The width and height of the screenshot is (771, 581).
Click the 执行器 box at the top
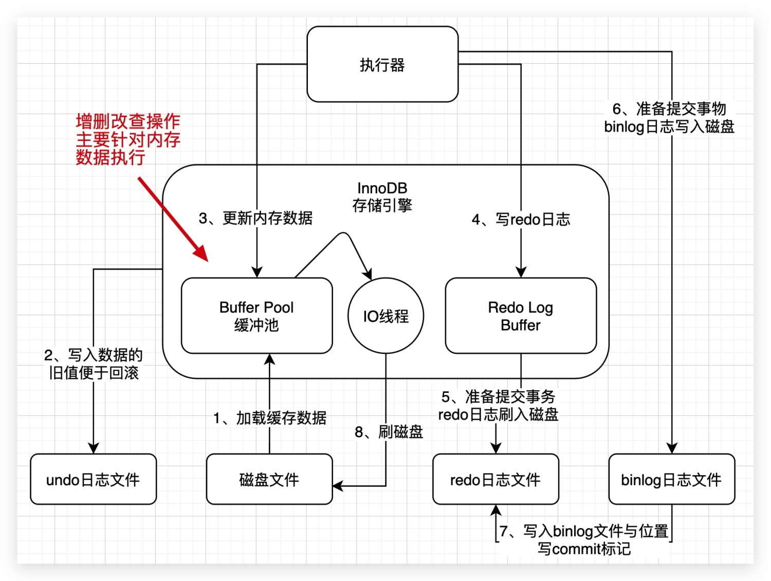(x=382, y=65)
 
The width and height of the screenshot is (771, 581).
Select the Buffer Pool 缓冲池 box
(x=256, y=316)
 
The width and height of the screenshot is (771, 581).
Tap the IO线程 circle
(x=386, y=316)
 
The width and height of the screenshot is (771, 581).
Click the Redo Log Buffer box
(x=521, y=316)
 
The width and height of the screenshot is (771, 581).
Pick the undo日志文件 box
(x=93, y=479)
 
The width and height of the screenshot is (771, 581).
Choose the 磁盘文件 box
(x=269, y=479)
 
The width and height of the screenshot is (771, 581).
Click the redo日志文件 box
(x=495, y=479)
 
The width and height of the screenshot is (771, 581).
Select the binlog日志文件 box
(x=671, y=479)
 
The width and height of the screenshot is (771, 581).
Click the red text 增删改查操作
(x=128, y=122)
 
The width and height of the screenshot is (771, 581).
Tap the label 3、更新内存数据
(x=255, y=218)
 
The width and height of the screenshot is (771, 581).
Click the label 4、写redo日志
(x=521, y=220)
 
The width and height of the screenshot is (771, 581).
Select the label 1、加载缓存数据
(x=270, y=418)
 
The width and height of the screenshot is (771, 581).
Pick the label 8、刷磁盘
(x=389, y=432)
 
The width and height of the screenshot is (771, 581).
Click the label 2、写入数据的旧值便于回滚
(x=93, y=364)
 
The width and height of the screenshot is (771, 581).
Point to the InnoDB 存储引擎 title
(x=382, y=197)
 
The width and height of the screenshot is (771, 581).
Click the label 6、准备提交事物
(x=669, y=109)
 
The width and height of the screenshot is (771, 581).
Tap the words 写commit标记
(x=584, y=549)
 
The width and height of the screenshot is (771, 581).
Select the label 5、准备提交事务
(x=498, y=396)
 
